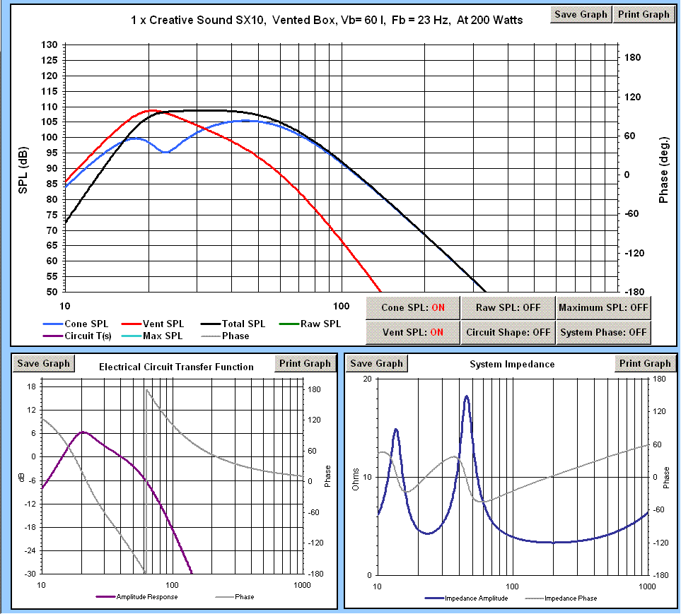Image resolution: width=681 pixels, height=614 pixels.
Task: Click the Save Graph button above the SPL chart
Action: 581,14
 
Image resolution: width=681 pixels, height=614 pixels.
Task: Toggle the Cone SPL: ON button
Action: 412,307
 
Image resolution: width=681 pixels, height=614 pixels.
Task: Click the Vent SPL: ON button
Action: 412,331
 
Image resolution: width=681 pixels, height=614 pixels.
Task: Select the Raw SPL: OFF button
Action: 508,307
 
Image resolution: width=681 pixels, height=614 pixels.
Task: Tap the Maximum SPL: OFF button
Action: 603,307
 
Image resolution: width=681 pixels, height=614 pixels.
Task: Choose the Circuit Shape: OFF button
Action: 508,331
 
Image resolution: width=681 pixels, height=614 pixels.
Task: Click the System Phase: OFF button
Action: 603,331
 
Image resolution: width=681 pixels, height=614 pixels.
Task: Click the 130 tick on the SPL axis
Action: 50,45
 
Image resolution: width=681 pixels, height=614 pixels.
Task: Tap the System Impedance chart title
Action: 512,365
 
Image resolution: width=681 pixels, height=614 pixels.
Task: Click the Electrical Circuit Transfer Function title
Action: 176,367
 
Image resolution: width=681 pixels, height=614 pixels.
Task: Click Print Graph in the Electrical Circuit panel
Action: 305,364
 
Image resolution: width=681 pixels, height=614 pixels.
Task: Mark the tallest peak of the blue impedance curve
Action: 467,396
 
